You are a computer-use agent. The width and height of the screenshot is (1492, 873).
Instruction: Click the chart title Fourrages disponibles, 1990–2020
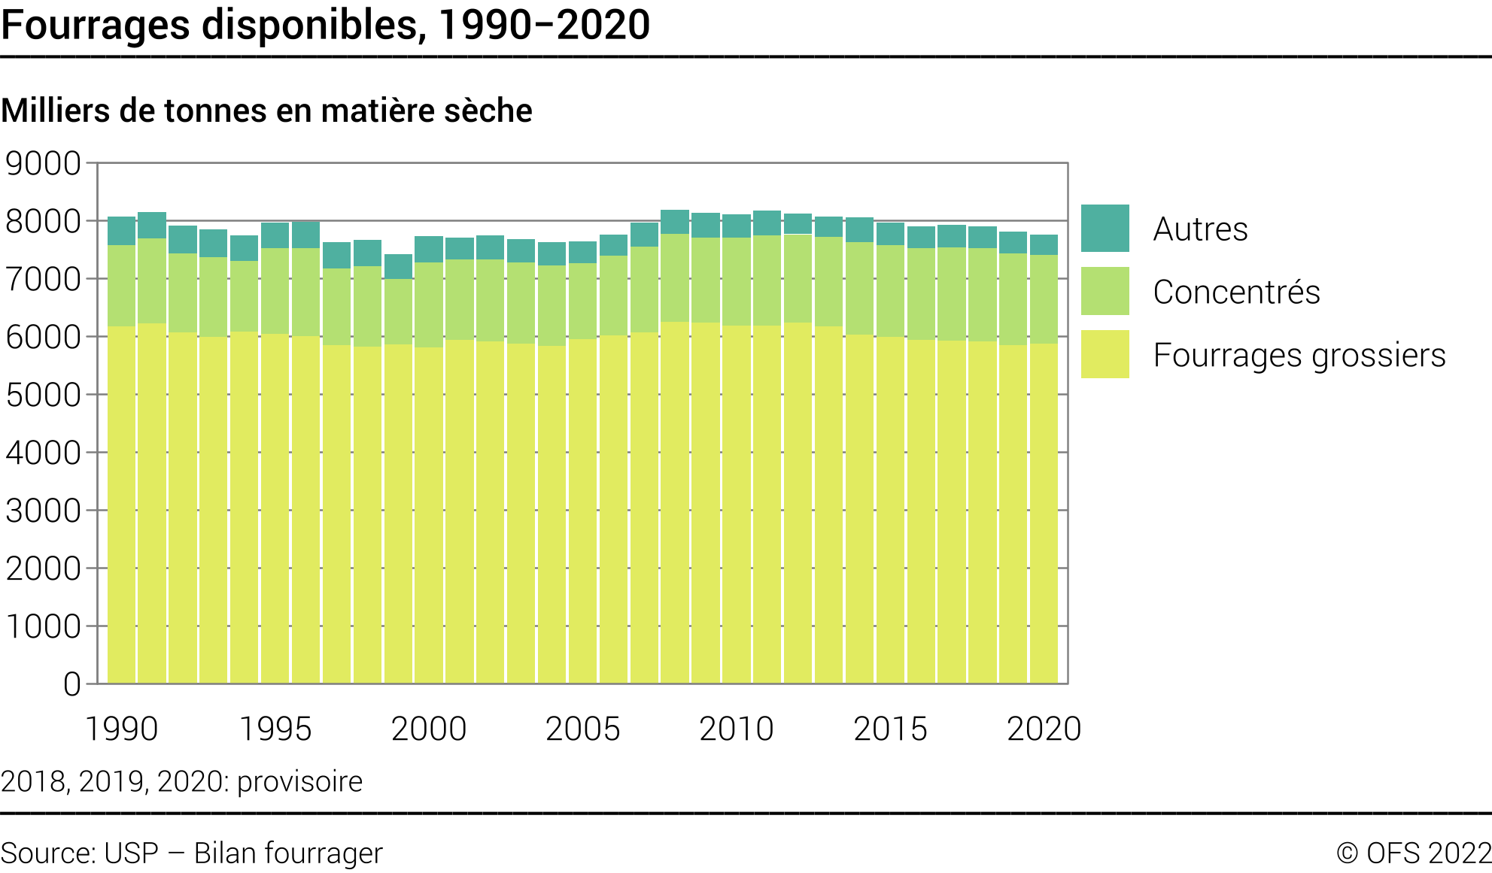tap(325, 24)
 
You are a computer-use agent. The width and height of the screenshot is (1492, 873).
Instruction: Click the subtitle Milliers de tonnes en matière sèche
tap(266, 111)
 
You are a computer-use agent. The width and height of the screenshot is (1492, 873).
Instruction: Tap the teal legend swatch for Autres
tap(1105, 228)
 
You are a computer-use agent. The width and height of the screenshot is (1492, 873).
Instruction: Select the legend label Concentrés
tap(1236, 292)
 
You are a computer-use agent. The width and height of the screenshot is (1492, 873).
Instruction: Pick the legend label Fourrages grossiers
tap(1299, 355)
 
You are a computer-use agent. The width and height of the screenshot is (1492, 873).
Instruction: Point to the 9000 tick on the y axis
tap(43, 163)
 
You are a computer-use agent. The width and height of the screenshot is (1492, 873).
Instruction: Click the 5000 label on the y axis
tap(43, 395)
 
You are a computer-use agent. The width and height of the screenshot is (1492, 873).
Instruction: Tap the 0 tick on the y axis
tap(71, 684)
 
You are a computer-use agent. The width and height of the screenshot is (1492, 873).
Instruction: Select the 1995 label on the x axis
tap(275, 729)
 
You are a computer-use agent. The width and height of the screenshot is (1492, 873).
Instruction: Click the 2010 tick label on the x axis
tap(736, 729)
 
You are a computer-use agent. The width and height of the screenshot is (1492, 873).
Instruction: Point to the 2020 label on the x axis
tap(1044, 729)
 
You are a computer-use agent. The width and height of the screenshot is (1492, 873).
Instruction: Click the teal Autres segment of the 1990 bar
tap(121, 231)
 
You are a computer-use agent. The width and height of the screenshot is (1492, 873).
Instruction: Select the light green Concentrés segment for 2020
tap(1044, 299)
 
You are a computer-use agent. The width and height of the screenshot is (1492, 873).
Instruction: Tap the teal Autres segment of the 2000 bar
tap(429, 250)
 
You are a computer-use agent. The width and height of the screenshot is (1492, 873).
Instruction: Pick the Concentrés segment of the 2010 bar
tap(736, 282)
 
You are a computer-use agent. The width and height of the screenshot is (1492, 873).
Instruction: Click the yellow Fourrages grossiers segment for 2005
tap(582, 511)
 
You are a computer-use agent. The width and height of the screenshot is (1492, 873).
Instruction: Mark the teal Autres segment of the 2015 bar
tap(890, 234)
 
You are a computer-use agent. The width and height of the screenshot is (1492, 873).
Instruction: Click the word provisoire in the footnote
tap(299, 781)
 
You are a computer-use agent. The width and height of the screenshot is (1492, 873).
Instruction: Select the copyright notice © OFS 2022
tap(1414, 853)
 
